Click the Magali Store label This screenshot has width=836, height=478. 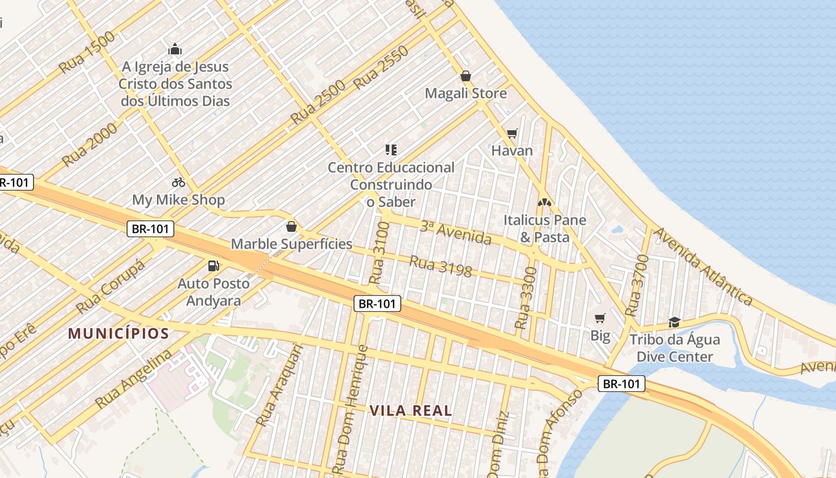(x=466, y=93)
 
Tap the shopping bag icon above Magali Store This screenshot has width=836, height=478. (x=466, y=76)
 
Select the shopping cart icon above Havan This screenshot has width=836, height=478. (x=512, y=133)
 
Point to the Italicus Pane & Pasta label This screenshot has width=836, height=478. (x=545, y=228)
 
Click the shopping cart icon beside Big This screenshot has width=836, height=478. (x=600, y=318)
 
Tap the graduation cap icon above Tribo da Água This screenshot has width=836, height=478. (x=674, y=322)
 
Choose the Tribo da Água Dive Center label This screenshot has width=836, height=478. (x=675, y=348)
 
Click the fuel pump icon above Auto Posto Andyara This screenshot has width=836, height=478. (x=213, y=265)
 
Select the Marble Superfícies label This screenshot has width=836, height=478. (x=291, y=244)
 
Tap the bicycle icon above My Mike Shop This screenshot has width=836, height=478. (x=178, y=182)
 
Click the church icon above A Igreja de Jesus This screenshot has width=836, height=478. (x=175, y=49)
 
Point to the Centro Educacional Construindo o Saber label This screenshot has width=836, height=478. (x=391, y=185)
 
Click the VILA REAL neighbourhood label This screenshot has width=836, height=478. (x=411, y=410)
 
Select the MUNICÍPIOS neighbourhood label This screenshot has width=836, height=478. (x=118, y=333)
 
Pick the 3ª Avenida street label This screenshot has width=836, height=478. (x=456, y=232)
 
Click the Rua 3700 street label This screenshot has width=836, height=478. (x=637, y=285)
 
